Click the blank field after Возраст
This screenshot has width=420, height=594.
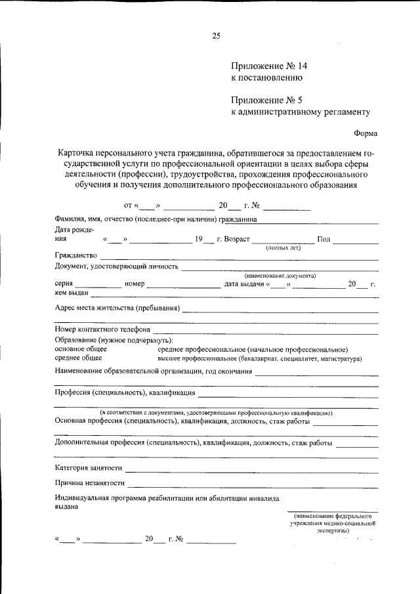coord(283,242)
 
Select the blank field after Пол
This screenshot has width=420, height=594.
coord(355,242)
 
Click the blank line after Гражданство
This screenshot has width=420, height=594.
coord(239,258)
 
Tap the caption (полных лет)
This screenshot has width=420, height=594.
coord(283,249)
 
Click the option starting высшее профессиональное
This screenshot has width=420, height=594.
coord(259,359)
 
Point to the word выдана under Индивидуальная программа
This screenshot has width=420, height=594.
coord(66,507)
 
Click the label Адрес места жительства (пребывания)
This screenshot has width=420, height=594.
coord(117,308)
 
